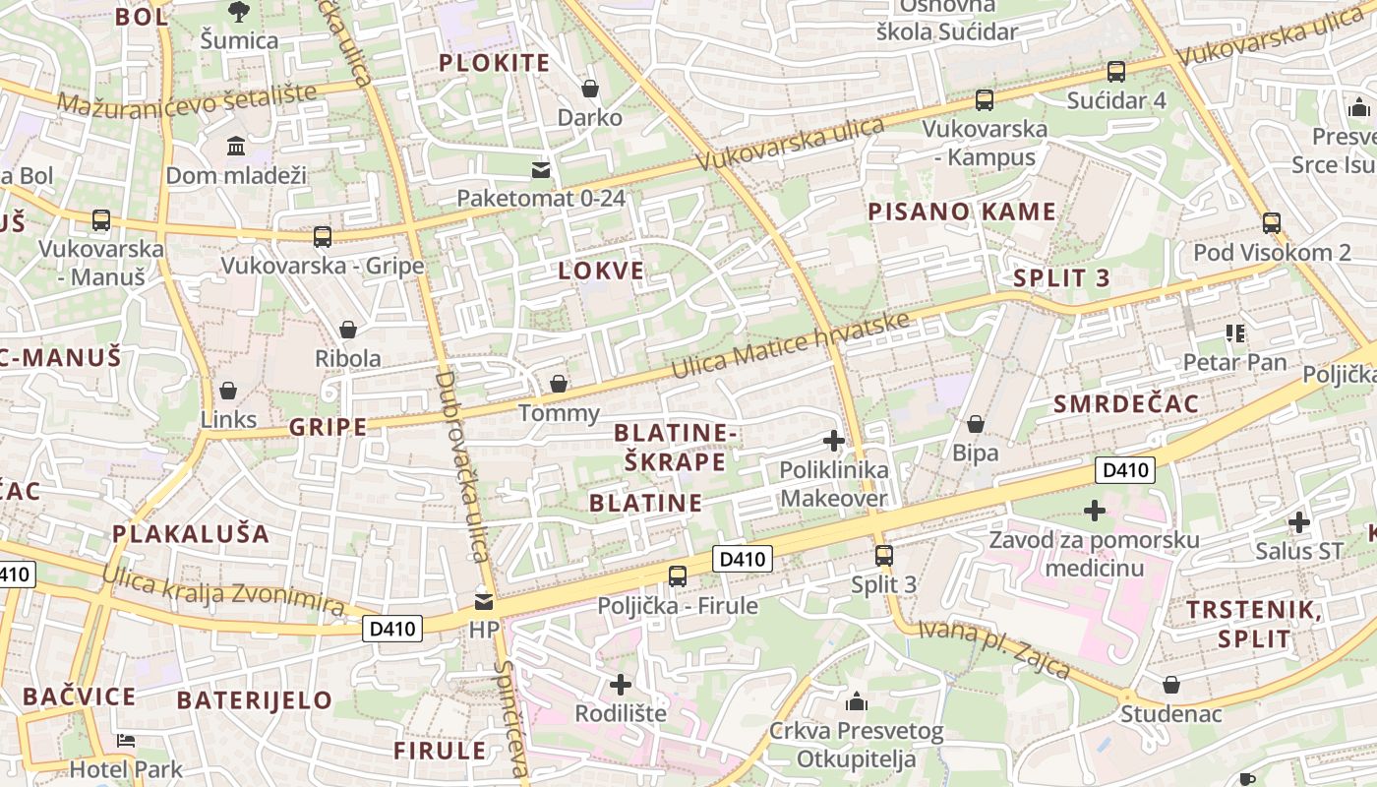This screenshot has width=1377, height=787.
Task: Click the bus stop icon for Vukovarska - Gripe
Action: click(x=322, y=237)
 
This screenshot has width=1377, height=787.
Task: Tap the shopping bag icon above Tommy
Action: click(x=559, y=384)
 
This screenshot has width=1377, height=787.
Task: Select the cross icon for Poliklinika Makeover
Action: click(x=834, y=441)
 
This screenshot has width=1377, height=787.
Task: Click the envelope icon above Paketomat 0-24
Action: click(x=541, y=170)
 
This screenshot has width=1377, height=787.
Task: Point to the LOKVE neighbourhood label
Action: click(x=601, y=272)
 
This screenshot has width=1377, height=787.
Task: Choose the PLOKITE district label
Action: click(x=494, y=64)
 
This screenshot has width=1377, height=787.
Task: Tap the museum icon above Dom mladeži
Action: click(x=236, y=147)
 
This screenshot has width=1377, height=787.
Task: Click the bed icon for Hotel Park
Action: click(x=126, y=741)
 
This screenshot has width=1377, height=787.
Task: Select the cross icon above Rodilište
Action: click(x=621, y=684)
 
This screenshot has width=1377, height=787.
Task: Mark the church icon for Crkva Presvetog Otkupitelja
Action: click(x=857, y=702)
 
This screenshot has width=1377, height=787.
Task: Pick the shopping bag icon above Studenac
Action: click(x=1171, y=685)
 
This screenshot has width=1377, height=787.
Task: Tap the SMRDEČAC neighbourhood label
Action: click(x=1126, y=404)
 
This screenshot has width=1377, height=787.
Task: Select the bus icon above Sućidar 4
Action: click(x=1115, y=71)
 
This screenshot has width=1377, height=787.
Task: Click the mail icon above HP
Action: click(x=484, y=601)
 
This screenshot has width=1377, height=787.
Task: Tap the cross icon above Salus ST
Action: click(x=1299, y=522)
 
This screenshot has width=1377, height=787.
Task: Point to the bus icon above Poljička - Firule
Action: click(x=678, y=576)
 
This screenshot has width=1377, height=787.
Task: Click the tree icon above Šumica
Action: click(x=238, y=12)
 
